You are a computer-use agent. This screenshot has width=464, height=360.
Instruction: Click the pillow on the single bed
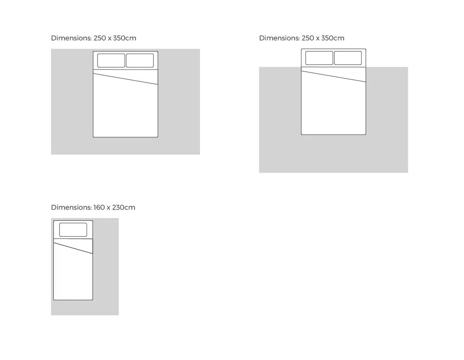pos(73,230)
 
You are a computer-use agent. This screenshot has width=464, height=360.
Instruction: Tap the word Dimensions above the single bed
pos(71,207)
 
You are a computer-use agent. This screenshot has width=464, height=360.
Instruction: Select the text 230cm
pos(124,207)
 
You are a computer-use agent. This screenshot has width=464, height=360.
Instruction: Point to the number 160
pos(99,207)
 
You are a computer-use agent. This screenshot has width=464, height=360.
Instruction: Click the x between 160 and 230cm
pos(109,208)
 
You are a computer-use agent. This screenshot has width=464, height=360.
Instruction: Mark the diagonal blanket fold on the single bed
pos(73,248)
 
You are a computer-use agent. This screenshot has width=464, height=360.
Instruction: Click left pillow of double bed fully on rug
pos(111,60)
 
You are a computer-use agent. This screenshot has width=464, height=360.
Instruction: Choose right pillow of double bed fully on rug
pos(140,60)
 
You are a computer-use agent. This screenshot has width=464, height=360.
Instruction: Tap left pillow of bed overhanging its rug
pos(319,58)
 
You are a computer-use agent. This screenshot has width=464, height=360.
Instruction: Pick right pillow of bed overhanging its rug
pos(348,58)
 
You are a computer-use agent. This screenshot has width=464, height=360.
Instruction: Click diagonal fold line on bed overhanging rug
pos(334,77)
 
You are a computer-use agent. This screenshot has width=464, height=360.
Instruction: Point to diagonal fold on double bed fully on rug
pos(125,79)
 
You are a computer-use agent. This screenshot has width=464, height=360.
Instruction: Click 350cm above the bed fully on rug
pos(124,38)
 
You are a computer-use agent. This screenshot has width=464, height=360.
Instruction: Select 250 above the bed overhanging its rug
pos(308,38)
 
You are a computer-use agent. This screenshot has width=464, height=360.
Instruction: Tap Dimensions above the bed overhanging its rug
pos(279,38)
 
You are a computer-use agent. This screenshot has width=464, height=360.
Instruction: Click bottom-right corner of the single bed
pos(93,300)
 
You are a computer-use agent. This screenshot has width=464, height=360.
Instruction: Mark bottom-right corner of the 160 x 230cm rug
pos(119,315)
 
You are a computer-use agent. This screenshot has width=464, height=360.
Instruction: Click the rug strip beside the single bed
pos(106,266)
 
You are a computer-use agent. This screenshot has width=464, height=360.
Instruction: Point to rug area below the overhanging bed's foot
pos(334,154)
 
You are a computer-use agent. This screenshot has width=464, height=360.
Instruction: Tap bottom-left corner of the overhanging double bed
pos(301,135)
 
